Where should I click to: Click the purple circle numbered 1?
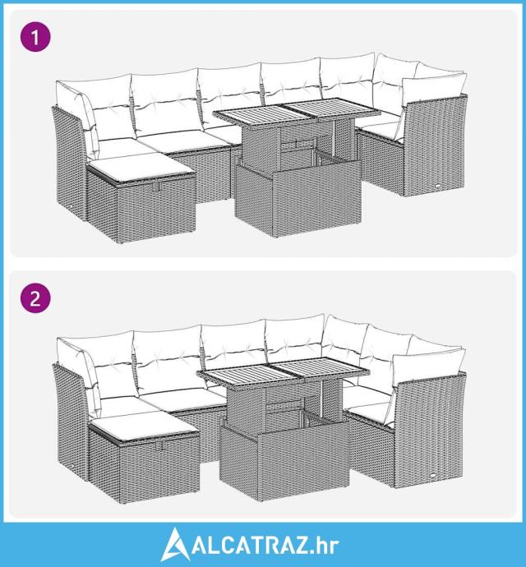35,36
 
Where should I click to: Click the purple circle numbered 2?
35,298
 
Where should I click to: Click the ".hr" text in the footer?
325,546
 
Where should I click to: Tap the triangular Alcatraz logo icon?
175,545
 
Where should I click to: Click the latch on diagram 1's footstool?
156,187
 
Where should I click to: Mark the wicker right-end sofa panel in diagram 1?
434,145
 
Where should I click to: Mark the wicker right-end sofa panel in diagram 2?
430,430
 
